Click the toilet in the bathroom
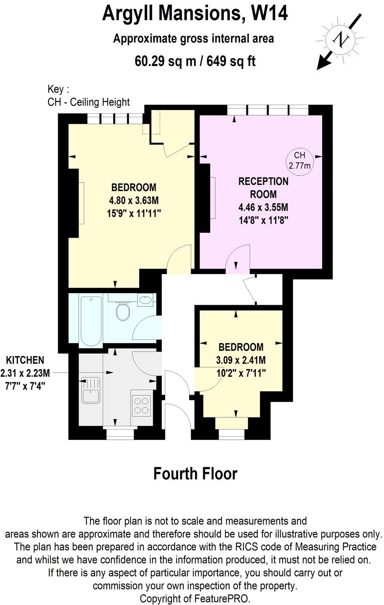point(123,312)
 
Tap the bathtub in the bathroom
point(91,321)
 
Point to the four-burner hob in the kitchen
point(141,405)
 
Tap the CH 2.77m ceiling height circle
point(299,160)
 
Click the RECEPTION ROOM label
point(263,188)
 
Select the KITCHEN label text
point(25,360)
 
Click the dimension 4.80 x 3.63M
point(134,200)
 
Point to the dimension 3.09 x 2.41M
point(241,360)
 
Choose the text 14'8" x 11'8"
point(264,220)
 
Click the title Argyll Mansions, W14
point(195,13)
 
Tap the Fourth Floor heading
point(195,474)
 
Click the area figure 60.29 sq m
point(165,61)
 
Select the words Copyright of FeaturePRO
point(195,598)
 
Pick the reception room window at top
point(268,110)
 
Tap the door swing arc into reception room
point(238,256)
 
